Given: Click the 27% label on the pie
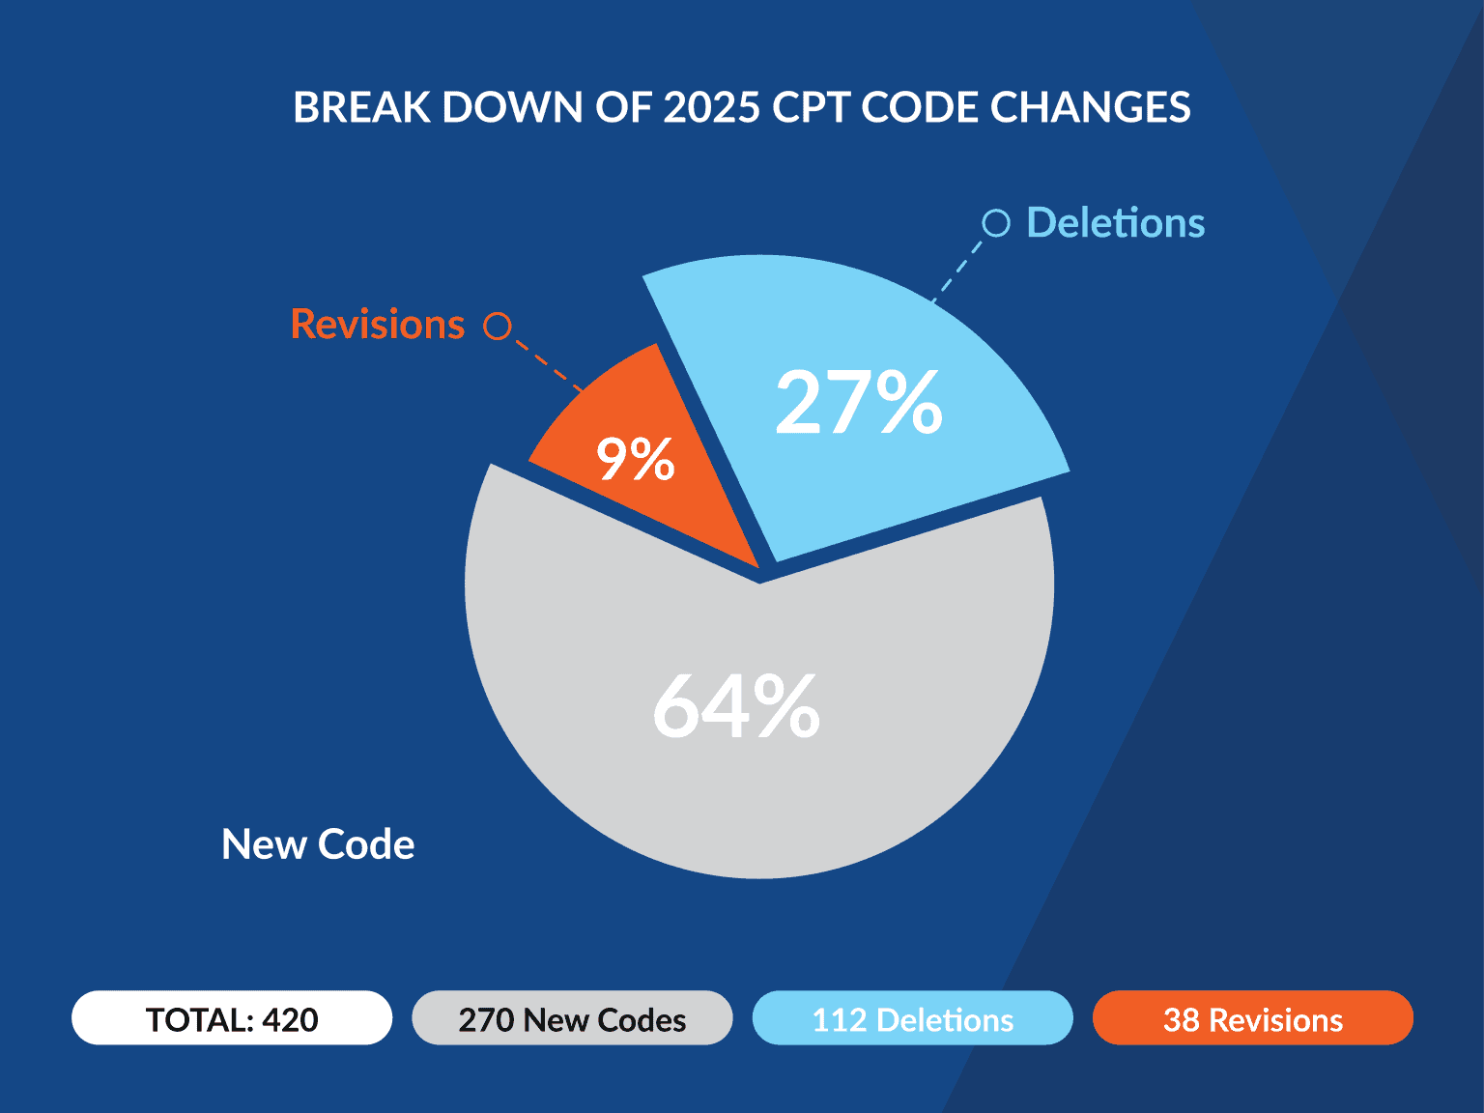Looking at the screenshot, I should (x=858, y=403).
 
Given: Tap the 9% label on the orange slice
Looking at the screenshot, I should (x=635, y=459).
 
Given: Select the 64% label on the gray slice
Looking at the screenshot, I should (x=736, y=707).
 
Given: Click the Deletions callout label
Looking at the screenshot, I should (x=1115, y=223).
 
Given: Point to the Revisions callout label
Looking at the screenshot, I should (x=378, y=325).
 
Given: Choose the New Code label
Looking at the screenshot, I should (x=318, y=844).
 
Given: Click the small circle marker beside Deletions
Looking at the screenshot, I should (x=996, y=223).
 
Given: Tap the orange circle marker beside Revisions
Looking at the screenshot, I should (x=498, y=327).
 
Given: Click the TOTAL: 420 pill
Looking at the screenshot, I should (x=232, y=1018).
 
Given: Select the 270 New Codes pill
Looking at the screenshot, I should (x=572, y=1018).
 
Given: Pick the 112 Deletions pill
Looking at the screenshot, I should (x=912, y=1018).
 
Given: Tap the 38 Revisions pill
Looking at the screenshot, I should (x=1252, y=1018).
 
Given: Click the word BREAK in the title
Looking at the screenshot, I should (x=361, y=107).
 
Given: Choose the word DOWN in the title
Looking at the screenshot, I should (x=511, y=107).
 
